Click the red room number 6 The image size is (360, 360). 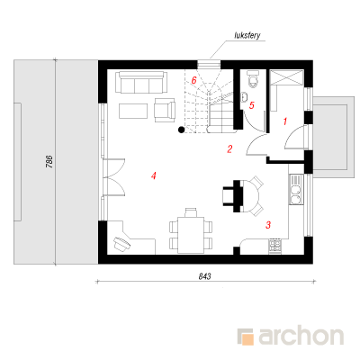[x=193, y=80]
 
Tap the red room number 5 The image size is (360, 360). [x=252, y=105]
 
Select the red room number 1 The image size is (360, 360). [x=285, y=121]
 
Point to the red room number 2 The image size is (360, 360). [x=229, y=149]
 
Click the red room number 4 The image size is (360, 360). [x=154, y=175]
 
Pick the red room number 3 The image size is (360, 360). [x=268, y=225]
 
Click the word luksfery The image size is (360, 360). [x=247, y=35]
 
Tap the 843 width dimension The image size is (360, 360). [x=204, y=276]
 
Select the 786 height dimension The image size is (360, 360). [x=49, y=161]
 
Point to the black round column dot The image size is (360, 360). [x=181, y=130]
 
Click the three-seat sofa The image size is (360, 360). [x=141, y=82]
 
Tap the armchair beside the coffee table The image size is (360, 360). [x=165, y=110]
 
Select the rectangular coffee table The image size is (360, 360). [x=133, y=111]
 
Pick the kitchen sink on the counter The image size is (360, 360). [x=296, y=190]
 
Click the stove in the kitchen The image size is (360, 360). [x=275, y=246]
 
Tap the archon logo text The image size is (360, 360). [x=301, y=337]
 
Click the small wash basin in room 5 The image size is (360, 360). [x=244, y=96]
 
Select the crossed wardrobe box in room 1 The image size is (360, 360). [x=287, y=77]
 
